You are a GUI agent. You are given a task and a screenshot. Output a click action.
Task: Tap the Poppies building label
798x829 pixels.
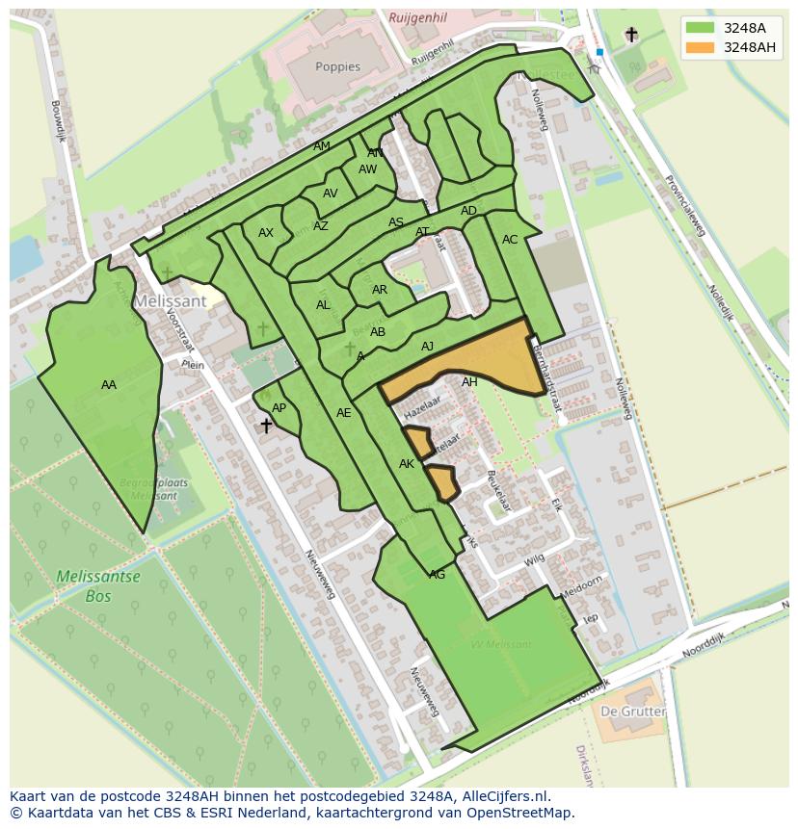point(337,67)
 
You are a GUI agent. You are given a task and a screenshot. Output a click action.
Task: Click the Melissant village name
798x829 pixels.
point(170,300)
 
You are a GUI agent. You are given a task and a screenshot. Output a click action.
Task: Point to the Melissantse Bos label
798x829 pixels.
point(97,586)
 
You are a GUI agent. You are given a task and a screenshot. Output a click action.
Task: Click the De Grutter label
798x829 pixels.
point(632,712)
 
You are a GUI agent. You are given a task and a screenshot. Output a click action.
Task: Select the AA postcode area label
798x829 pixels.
point(109,385)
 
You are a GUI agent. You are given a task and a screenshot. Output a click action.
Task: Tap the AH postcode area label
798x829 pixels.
point(469,382)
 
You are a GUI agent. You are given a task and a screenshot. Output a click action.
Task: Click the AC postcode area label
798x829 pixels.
point(510,240)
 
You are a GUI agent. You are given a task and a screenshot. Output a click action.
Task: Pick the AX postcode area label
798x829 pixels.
point(266,233)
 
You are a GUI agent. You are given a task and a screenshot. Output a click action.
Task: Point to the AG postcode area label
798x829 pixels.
point(437,575)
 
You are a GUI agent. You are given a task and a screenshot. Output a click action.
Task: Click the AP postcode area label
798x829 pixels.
point(279,408)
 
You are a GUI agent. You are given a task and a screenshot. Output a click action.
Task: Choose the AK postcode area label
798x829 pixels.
point(406,464)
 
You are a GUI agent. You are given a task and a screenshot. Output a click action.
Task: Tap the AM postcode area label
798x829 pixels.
point(322,146)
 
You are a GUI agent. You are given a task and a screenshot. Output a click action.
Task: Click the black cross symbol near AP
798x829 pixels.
point(266,425)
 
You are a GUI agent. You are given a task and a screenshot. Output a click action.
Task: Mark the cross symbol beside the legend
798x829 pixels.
point(631,35)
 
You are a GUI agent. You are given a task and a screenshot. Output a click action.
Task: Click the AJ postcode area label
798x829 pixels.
point(428,347)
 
